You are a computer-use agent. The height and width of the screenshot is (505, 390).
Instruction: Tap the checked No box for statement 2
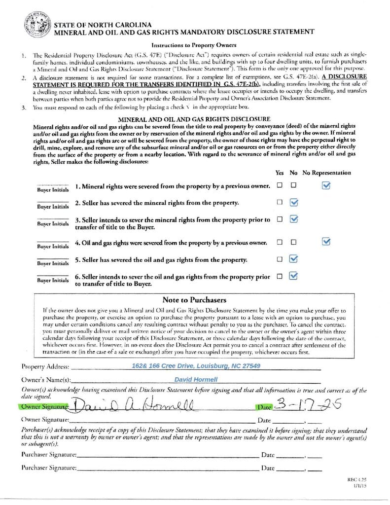click(294, 202)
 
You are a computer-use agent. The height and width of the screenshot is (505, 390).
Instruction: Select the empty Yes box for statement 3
click(280, 219)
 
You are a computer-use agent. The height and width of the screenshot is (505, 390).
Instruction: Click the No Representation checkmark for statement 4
click(326, 242)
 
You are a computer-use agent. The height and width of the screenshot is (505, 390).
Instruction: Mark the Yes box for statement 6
click(280, 276)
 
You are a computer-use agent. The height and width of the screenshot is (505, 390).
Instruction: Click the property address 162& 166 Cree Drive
click(196, 366)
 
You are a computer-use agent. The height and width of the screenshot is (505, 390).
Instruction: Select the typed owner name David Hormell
click(196, 379)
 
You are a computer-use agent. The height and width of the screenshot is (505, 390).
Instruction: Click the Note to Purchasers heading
click(194, 300)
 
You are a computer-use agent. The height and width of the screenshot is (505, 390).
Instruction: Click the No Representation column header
click(327, 173)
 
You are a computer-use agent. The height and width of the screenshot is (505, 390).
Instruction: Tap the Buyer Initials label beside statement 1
click(53, 189)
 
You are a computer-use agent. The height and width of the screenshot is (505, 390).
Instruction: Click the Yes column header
click(280, 173)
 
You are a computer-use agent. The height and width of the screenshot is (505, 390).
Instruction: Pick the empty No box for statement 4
click(294, 242)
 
